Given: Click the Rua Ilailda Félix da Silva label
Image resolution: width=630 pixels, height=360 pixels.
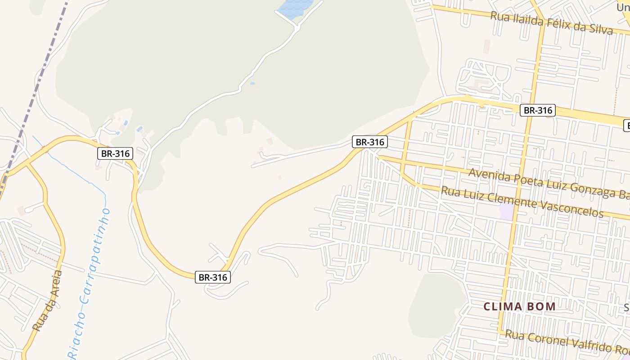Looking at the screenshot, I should tap(551, 23).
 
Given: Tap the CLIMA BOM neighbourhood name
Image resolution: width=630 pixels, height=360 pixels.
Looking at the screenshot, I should tap(519, 307).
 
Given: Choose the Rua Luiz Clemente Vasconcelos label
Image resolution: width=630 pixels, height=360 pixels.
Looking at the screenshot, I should tap(522, 202).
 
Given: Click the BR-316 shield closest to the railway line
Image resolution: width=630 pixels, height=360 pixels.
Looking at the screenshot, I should tap(115, 153).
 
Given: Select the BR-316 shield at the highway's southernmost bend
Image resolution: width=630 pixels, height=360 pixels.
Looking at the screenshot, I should tap(213, 277).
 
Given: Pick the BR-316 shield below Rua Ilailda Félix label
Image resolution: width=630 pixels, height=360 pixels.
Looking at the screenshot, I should tap(537, 110).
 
